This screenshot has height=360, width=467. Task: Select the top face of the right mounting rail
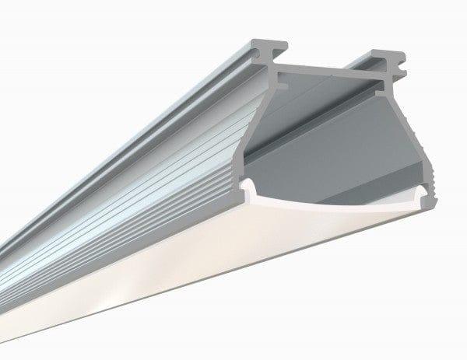coord(381,56)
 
